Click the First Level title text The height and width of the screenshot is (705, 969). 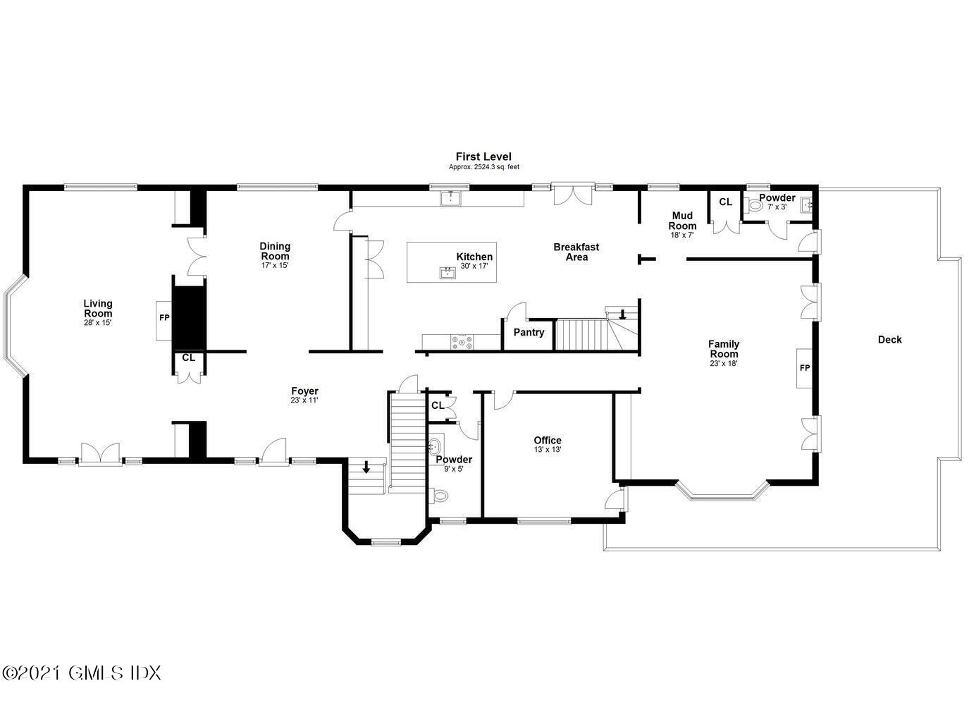pyautogui.click(x=483, y=157)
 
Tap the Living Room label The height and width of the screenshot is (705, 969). pyautogui.click(x=98, y=309)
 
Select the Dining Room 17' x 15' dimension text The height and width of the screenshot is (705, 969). pyautogui.click(x=275, y=265)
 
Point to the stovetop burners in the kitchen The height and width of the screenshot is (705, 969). pyautogui.click(x=462, y=342)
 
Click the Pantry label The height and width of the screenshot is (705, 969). pyautogui.click(x=529, y=332)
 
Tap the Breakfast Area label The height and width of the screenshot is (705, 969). pyautogui.click(x=576, y=252)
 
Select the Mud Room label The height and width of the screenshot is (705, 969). pyautogui.click(x=682, y=221)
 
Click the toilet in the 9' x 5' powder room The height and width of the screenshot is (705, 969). pyautogui.click(x=439, y=495)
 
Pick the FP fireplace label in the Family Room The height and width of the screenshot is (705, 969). pyautogui.click(x=805, y=368)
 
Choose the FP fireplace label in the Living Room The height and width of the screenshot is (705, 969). pyautogui.click(x=164, y=318)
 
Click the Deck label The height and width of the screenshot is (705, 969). pyautogui.click(x=890, y=340)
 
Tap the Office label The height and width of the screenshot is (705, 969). pyautogui.click(x=548, y=440)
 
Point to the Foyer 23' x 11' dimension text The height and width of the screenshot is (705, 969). pyautogui.click(x=304, y=400)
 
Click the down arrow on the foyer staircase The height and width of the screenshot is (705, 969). pyautogui.click(x=366, y=467)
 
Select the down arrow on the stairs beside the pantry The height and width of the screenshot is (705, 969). pyautogui.click(x=622, y=314)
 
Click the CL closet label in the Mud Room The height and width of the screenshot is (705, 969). pyautogui.click(x=725, y=202)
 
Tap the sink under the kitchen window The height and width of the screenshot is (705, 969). pyautogui.click(x=451, y=198)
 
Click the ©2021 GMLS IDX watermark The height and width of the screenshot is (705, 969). pyautogui.click(x=81, y=673)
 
